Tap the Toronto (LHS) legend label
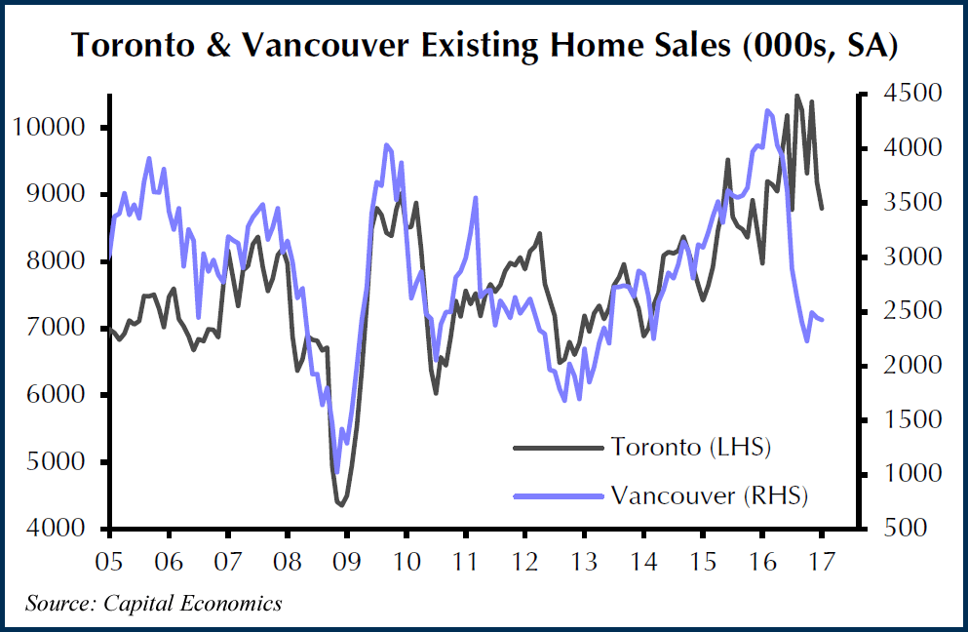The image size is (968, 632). point(691,448)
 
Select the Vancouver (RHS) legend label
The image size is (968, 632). point(710,494)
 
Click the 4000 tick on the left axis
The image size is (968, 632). point(63,529)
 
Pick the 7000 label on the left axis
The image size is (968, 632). point(63,329)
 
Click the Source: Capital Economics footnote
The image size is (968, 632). point(154,603)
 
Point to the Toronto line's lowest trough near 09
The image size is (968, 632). point(341,504)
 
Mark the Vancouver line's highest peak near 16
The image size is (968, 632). point(767,110)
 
